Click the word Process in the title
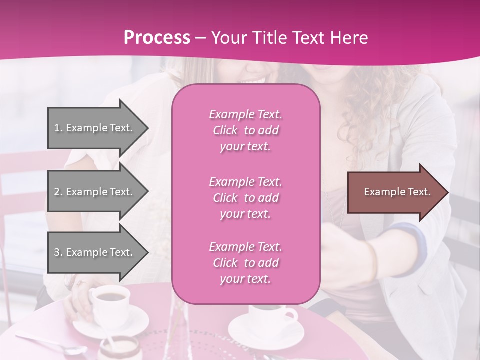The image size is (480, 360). click(157, 38)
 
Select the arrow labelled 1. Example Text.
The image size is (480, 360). click(95, 128)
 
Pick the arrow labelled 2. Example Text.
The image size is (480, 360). click(95, 192)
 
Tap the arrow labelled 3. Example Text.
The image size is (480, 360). click(95, 253)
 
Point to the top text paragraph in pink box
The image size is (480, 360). click(245, 130)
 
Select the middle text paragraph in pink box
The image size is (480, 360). click(245, 198)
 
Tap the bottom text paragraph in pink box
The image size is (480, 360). click(245, 263)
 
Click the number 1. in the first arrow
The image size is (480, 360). click(58, 128)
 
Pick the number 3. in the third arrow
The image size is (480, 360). click(58, 253)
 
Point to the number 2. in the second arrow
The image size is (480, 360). click(58, 192)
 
